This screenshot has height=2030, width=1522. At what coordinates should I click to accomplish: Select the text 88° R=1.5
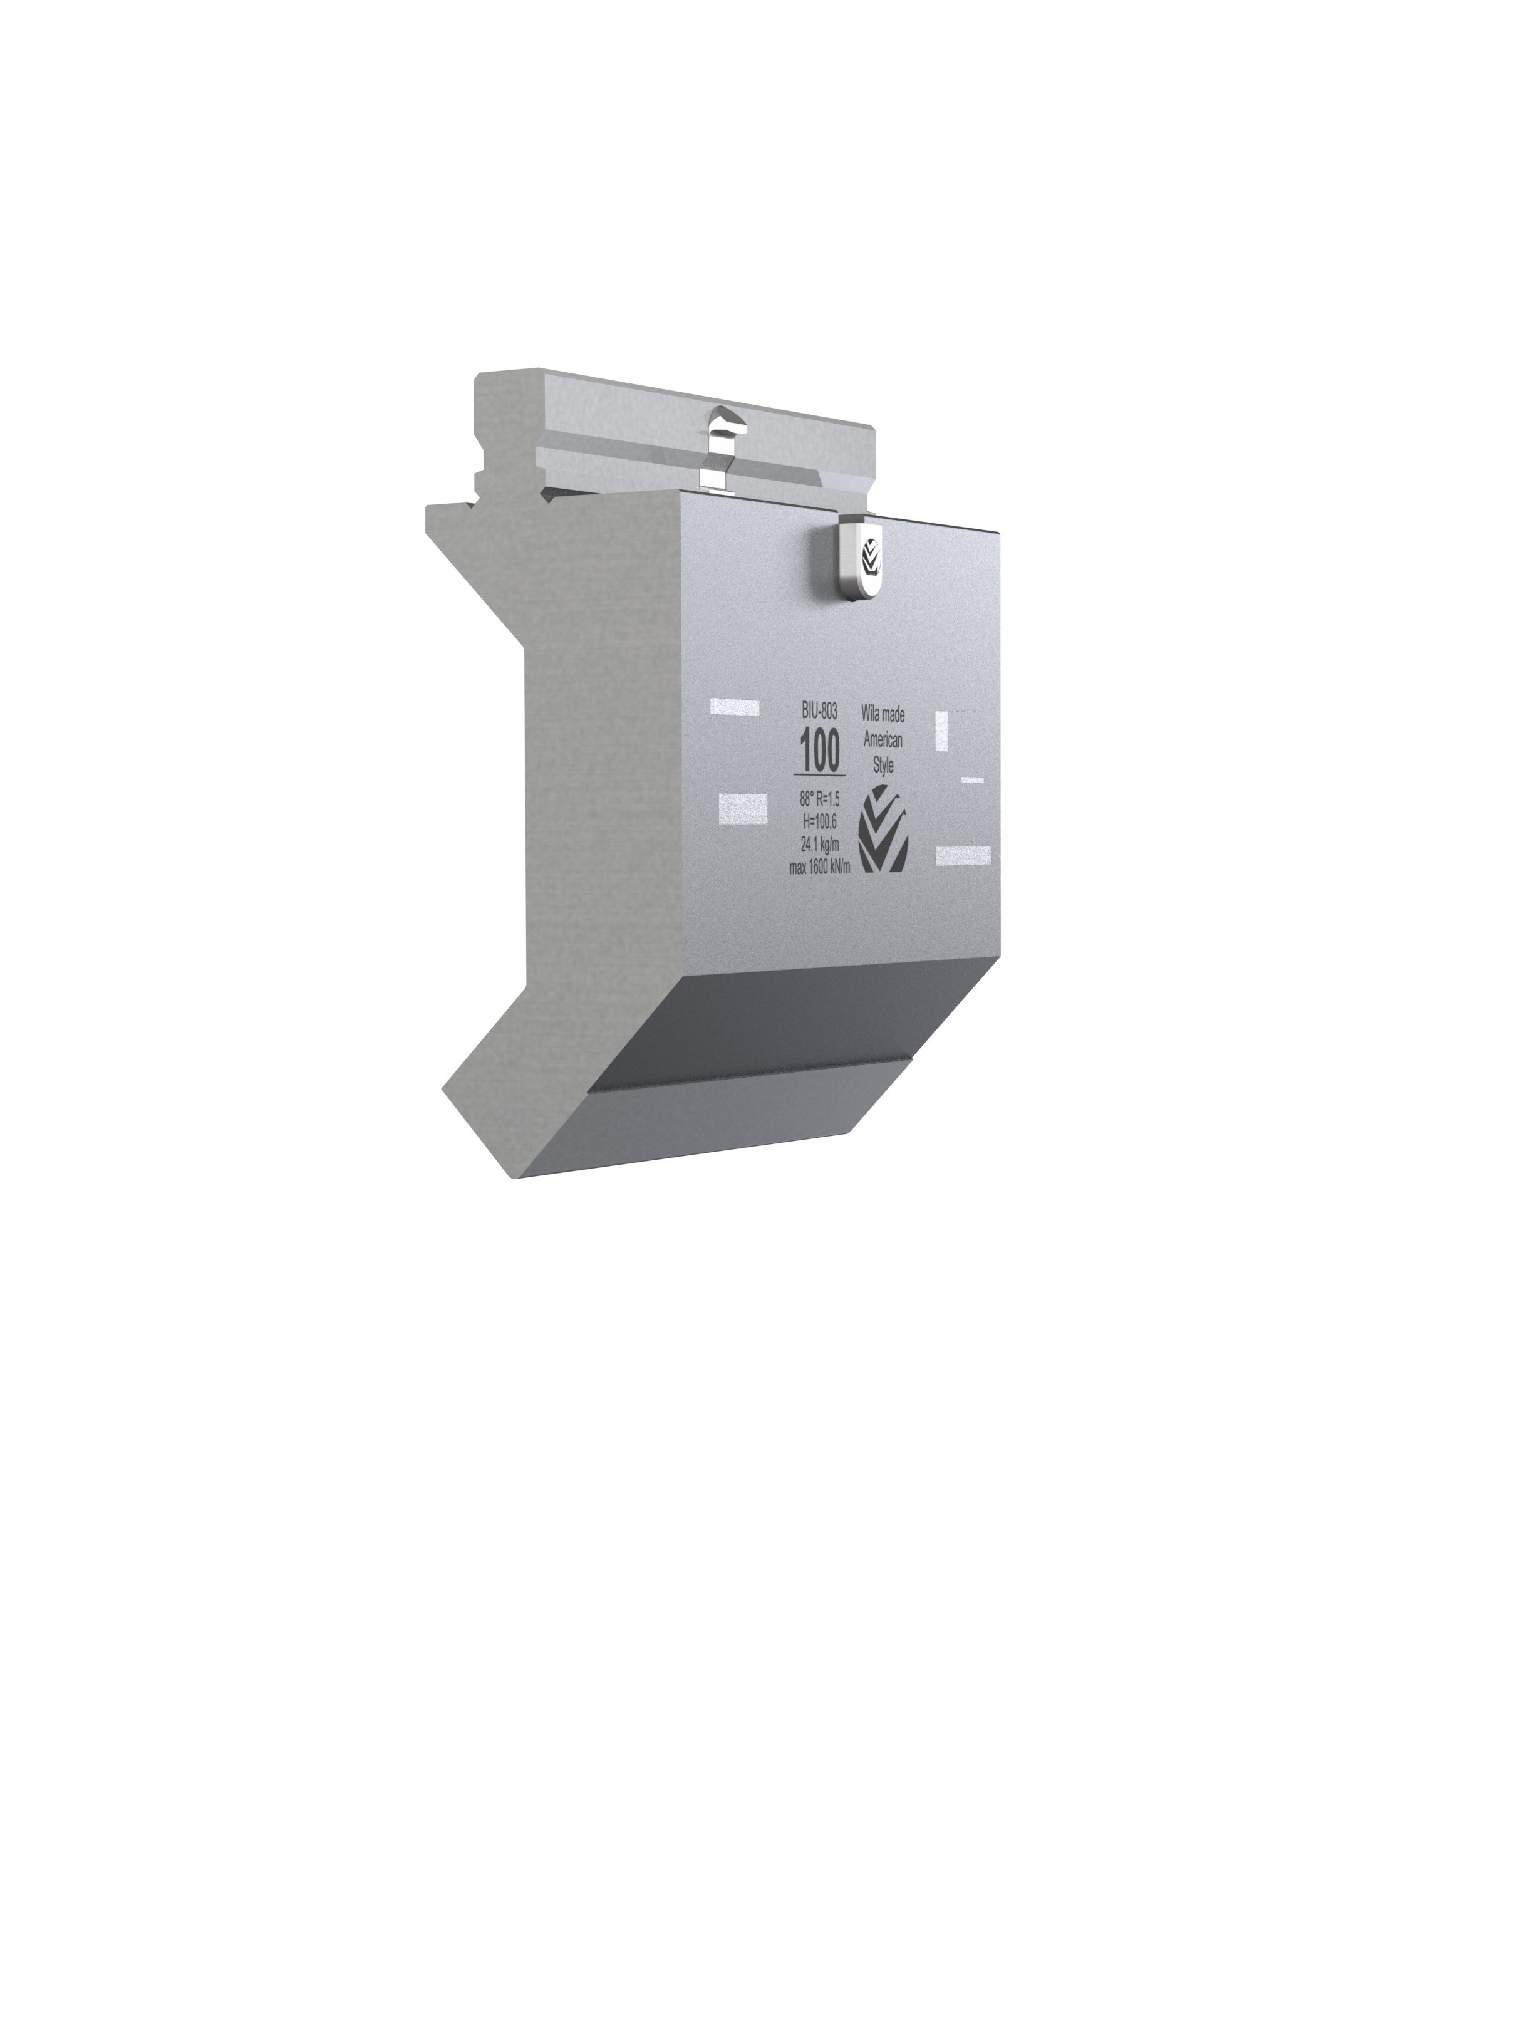tap(819, 800)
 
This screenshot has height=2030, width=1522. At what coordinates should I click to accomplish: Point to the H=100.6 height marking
tap(819, 822)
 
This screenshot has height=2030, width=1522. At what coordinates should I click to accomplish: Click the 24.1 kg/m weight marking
tap(819, 845)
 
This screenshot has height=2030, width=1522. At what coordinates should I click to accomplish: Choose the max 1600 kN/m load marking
tap(819, 867)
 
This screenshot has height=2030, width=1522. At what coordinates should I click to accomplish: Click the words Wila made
tap(883, 712)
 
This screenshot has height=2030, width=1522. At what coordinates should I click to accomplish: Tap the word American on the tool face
tap(883, 740)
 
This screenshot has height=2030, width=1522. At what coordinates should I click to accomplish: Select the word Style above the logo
tap(883, 766)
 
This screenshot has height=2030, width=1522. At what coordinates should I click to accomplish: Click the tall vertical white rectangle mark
tap(940, 731)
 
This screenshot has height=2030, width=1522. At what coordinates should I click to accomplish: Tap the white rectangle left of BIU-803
tap(734, 705)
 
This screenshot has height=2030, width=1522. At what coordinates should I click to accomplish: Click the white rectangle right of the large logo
tap(963, 855)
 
